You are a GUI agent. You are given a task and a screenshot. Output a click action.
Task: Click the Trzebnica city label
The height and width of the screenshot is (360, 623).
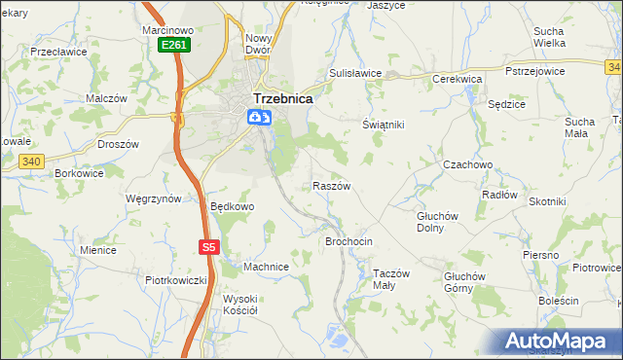pyautogui.click(x=282, y=98)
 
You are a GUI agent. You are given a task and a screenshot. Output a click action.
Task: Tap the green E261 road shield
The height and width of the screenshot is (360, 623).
pyautogui.click(x=174, y=45)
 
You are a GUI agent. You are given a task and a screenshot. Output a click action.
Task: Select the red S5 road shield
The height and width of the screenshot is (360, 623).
pyautogui.click(x=208, y=247)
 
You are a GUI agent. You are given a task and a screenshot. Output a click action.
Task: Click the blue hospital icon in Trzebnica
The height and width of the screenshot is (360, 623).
pyautogui.click(x=258, y=118)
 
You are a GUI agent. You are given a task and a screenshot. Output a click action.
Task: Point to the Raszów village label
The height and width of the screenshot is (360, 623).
pyautogui.click(x=331, y=185)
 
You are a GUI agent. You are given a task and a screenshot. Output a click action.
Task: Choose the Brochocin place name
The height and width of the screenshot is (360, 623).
pyautogui.click(x=349, y=240)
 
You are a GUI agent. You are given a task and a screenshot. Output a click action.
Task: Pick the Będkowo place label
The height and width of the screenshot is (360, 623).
pyautogui.click(x=233, y=206)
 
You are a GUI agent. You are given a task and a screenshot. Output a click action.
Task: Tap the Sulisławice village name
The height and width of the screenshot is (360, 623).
pyautogui.click(x=354, y=73)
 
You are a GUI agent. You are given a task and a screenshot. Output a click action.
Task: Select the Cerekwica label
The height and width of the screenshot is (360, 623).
pyautogui.click(x=458, y=79)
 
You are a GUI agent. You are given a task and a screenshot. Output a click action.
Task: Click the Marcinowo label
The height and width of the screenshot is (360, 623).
pyautogui.click(x=168, y=30)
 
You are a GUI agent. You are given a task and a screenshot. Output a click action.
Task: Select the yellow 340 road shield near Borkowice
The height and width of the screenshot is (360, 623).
pyautogui.click(x=32, y=162)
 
